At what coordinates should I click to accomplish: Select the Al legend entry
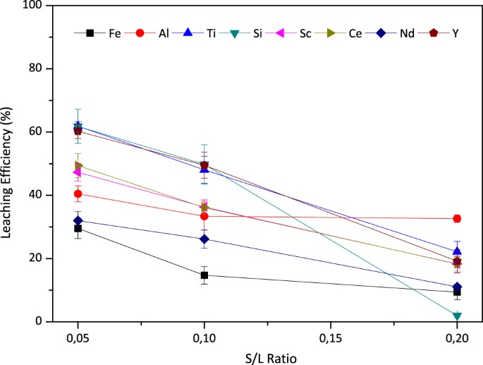(151, 32)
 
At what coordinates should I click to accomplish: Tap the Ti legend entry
(200, 32)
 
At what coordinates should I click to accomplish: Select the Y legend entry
(446, 32)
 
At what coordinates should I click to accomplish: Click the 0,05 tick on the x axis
(78, 336)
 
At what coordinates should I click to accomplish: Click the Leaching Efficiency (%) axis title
(9, 162)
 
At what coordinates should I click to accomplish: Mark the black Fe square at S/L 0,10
(204, 275)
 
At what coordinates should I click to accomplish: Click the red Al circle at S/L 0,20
(457, 219)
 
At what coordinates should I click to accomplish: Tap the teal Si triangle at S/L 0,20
(457, 316)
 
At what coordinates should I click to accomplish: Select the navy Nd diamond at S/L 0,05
(78, 220)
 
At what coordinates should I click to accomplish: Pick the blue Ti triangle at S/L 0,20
(457, 251)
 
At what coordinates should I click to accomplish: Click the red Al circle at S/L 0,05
(78, 194)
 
